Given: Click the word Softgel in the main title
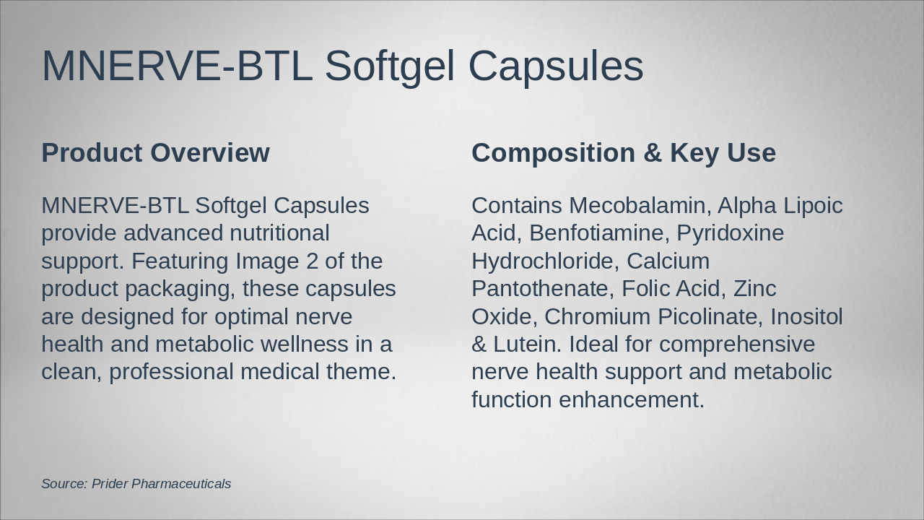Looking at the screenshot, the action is click(390, 66).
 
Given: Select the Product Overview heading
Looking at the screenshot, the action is click(155, 152).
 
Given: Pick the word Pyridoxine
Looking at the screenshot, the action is click(730, 233).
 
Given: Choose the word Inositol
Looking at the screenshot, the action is click(806, 316).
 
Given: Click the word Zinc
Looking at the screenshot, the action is click(755, 288).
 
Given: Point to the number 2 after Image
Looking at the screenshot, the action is click(313, 261).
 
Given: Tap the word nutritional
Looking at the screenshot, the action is click(279, 233).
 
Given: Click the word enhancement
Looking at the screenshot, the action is click(632, 399).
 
